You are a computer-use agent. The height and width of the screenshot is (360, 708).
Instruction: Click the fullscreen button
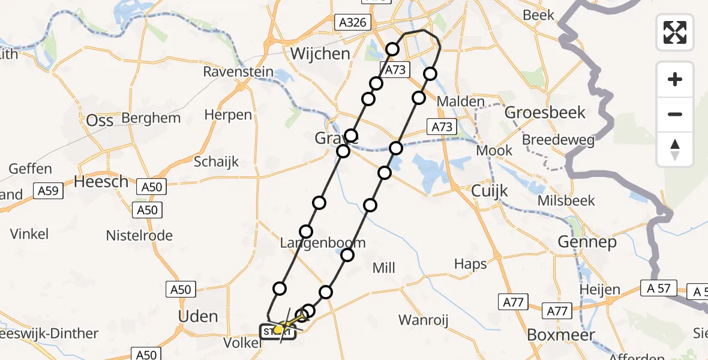[x=675, y=32]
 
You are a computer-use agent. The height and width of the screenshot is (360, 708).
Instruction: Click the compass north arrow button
[x=675, y=149]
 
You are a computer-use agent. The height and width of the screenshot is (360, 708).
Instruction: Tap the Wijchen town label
[x=320, y=53]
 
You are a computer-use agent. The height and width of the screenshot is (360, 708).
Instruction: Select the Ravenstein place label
[x=238, y=72]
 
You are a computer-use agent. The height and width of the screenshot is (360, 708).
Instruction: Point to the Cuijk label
[x=490, y=191]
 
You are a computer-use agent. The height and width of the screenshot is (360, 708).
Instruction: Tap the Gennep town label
[x=587, y=242]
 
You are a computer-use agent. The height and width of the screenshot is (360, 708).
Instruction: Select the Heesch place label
[x=101, y=181]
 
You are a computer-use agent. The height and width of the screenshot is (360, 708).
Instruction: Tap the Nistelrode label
[x=139, y=235]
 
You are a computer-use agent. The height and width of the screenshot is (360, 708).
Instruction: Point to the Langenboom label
[x=323, y=243]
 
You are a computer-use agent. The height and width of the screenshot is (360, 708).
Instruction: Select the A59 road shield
[x=47, y=191]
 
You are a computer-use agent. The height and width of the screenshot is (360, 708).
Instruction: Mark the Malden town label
[x=460, y=101]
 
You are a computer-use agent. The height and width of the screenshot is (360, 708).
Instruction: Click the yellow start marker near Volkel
[x=278, y=329]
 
